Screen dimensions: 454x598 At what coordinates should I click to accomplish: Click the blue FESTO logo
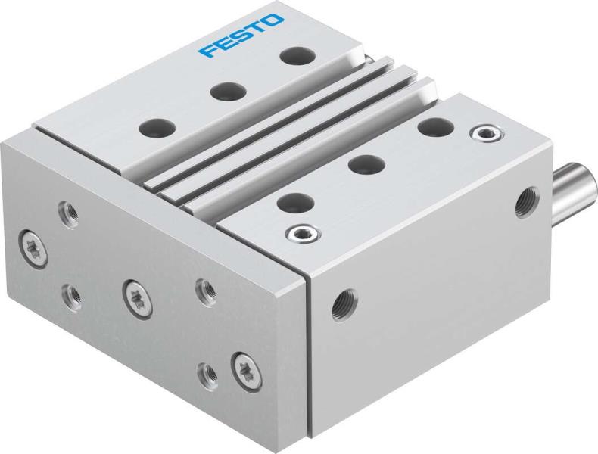(x=243, y=36)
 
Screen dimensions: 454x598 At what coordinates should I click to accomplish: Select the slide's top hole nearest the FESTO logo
(x=292, y=55)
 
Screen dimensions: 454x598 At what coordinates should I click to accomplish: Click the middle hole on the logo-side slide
(x=223, y=92)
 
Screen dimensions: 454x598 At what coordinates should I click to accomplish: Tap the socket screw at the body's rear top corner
(x=480, y=135)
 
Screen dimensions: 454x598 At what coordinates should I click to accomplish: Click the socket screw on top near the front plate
(x=298, y=232)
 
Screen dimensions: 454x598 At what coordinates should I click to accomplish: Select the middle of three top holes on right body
(x=366, y=163)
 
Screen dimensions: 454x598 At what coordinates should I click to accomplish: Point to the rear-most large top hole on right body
(x=433, y=126)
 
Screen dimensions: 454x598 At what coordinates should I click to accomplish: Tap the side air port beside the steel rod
(x=523, y=201)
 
